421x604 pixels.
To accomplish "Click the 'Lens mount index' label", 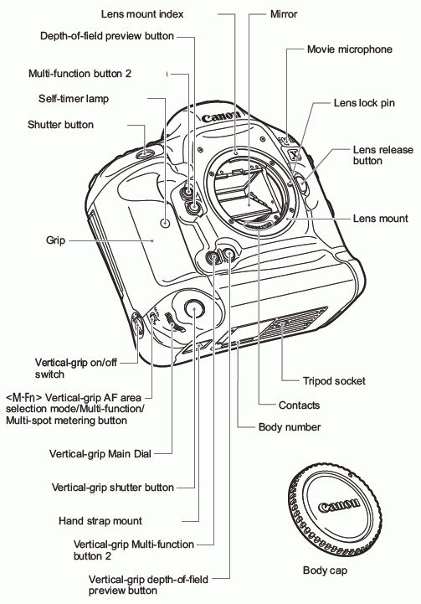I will coord(142,14).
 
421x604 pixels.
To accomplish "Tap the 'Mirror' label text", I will coord(285,14).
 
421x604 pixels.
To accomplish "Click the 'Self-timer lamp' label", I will coord(74,99).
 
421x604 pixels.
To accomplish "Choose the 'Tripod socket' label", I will coord(334,380).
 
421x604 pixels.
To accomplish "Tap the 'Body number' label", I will coord(290,426).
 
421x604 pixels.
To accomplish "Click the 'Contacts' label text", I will coord(300,405).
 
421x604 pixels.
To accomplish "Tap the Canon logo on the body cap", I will coord(339,508).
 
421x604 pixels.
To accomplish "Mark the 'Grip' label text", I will coord(33,240).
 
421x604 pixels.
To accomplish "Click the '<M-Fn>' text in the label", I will coord(19,395).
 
